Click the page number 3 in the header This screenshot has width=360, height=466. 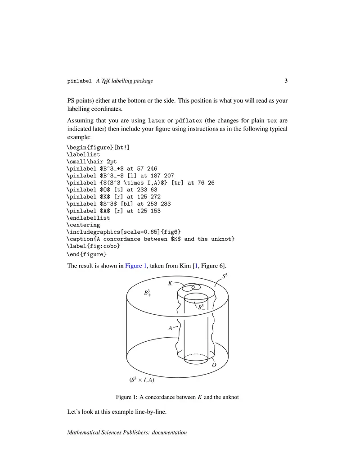[286, 81]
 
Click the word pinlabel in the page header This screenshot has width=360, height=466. [79, 81]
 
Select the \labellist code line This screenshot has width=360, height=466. [83, 154]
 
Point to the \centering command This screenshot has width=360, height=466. [83, 225]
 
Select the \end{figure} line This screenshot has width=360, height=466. [86, 253]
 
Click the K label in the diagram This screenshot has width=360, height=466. [170, 284]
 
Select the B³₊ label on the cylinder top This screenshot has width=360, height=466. [147, 294]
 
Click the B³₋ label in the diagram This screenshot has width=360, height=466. [201, 308]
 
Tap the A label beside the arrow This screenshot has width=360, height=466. [171, 329]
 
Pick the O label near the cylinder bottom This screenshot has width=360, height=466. [214, 365]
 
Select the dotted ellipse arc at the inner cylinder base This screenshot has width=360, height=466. [196, 355]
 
